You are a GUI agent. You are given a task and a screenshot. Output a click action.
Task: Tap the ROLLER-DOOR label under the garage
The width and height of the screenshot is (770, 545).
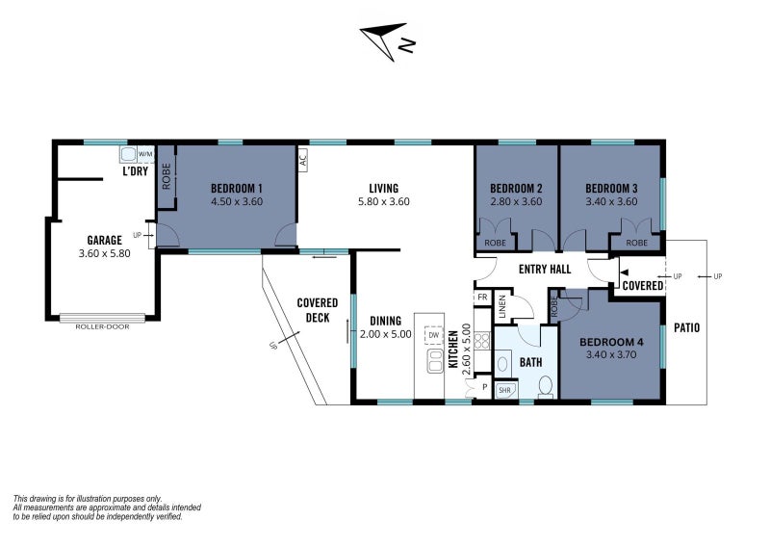(102, 326)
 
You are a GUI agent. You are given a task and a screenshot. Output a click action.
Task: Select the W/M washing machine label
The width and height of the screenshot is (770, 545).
(145, 154)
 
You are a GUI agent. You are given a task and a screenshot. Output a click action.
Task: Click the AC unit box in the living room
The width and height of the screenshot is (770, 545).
(303, 160)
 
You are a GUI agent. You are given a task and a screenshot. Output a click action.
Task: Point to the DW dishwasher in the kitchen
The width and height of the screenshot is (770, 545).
(434, 335)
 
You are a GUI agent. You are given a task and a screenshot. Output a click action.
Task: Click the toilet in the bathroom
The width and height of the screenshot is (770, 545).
(546, 386)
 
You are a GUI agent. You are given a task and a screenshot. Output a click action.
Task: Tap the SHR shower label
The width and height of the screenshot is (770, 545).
(504, 391)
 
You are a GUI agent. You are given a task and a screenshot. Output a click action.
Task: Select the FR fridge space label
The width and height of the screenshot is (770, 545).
(482, 298)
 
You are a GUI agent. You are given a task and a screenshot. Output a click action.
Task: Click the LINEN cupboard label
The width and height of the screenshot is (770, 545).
(501, 306)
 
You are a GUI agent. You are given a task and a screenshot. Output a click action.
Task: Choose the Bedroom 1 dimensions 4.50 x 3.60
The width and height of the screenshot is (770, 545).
(237, 201)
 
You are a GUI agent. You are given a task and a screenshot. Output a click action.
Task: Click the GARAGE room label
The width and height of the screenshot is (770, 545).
(104, 241)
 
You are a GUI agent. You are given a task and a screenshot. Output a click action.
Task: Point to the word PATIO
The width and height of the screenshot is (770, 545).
(686, 327)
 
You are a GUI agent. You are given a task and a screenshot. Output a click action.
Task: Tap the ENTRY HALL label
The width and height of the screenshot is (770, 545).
(545, 270)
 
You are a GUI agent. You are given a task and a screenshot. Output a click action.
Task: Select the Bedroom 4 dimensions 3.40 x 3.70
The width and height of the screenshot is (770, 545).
(611, 354)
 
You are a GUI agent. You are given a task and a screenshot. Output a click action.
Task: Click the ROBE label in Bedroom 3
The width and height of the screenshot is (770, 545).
(636, 243)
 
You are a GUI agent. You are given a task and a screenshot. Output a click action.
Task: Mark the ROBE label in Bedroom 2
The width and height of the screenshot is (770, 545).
(495, 243)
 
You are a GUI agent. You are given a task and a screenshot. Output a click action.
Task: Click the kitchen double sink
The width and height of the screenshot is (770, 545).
(435, 361)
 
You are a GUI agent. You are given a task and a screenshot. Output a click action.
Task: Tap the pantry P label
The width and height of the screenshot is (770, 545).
(485, 387)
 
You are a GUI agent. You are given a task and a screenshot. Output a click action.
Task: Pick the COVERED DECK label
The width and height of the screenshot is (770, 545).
(318, 310)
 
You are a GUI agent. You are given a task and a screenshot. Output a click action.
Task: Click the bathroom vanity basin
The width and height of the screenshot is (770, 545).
(502, 364)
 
